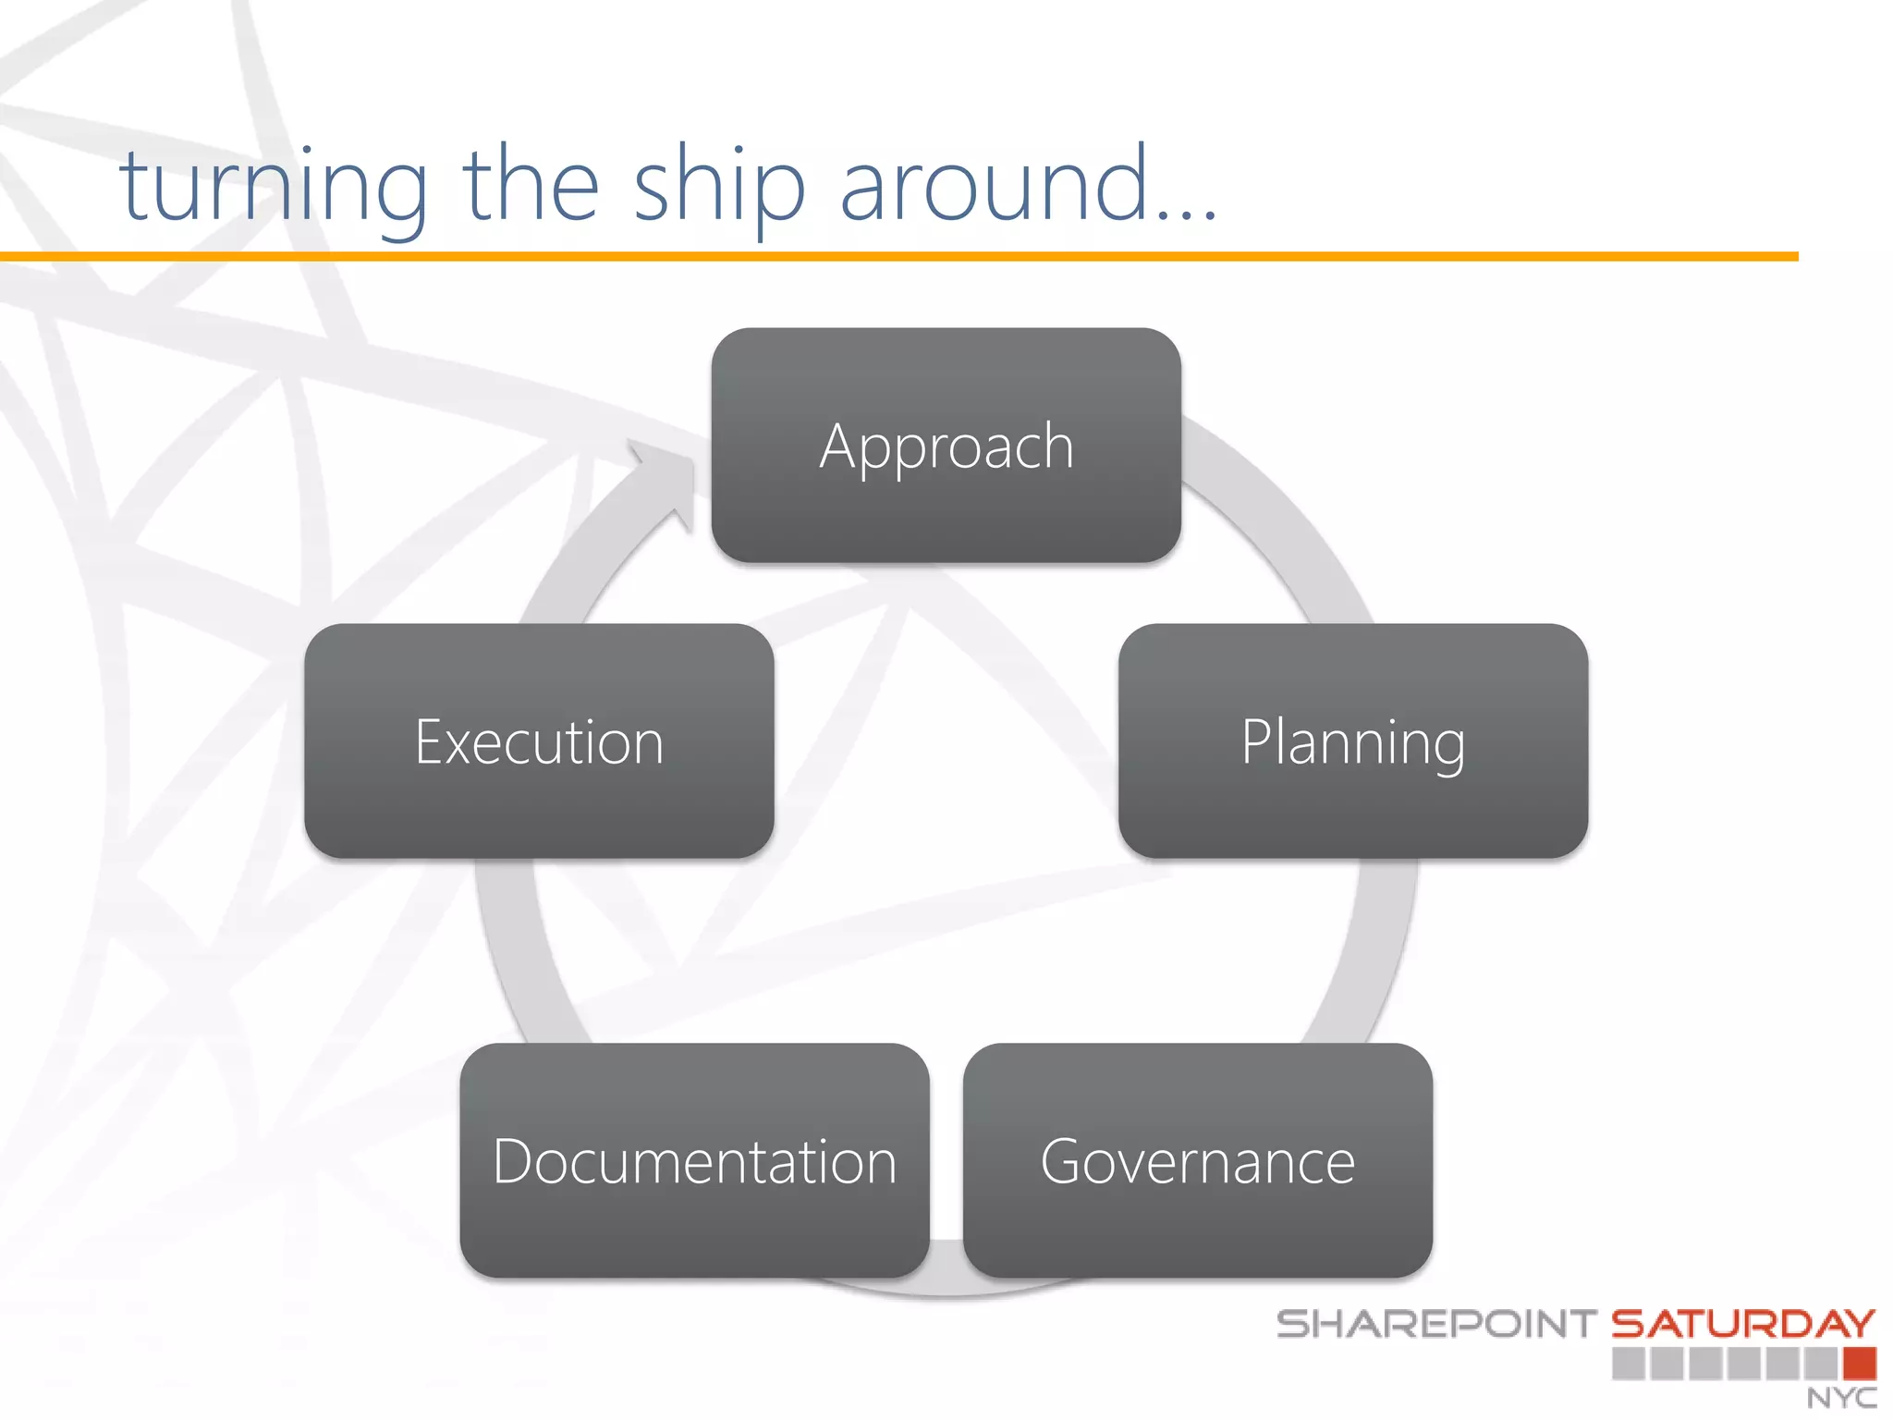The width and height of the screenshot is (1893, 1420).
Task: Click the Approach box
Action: coord(946,446)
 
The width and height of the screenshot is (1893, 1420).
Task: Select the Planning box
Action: coord(1352,741)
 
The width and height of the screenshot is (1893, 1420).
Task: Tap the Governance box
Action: coord(1197,1160)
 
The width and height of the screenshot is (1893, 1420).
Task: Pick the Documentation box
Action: coord(694,1160)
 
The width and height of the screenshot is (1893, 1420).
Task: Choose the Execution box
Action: coord(539,741)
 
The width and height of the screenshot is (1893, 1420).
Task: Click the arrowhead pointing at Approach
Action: coord(670,481)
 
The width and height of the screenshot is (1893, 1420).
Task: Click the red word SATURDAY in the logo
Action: coord(1743,1324)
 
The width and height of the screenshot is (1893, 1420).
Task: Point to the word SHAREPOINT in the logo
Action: coord(1436,1324)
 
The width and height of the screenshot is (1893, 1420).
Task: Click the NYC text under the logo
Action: coord(1841,1398)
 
